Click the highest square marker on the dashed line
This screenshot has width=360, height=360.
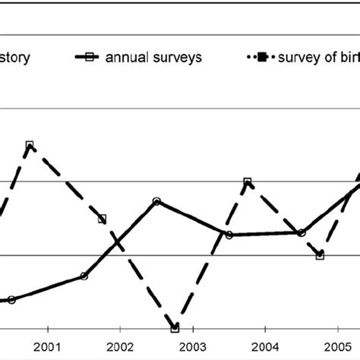tap(30, 144)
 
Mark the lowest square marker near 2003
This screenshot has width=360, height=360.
tap(175, 328)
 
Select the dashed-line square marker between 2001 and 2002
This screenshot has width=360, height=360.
tap(103, 219)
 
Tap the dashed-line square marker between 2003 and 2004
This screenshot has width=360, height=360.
tap(248, 182)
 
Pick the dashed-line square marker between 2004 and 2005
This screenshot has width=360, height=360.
tap(320, 255)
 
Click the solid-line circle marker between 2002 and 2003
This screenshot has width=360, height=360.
tap(156, 201)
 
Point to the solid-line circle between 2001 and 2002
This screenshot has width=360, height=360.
tap(84, 276)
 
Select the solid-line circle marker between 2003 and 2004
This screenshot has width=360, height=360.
tap(229, 235)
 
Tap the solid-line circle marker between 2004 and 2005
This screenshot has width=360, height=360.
tap(302, 232)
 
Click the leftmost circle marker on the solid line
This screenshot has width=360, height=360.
tap(11, 299)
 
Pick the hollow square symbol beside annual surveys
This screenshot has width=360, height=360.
tap(90, 58)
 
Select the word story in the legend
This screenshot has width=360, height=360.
tap(15, 58)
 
